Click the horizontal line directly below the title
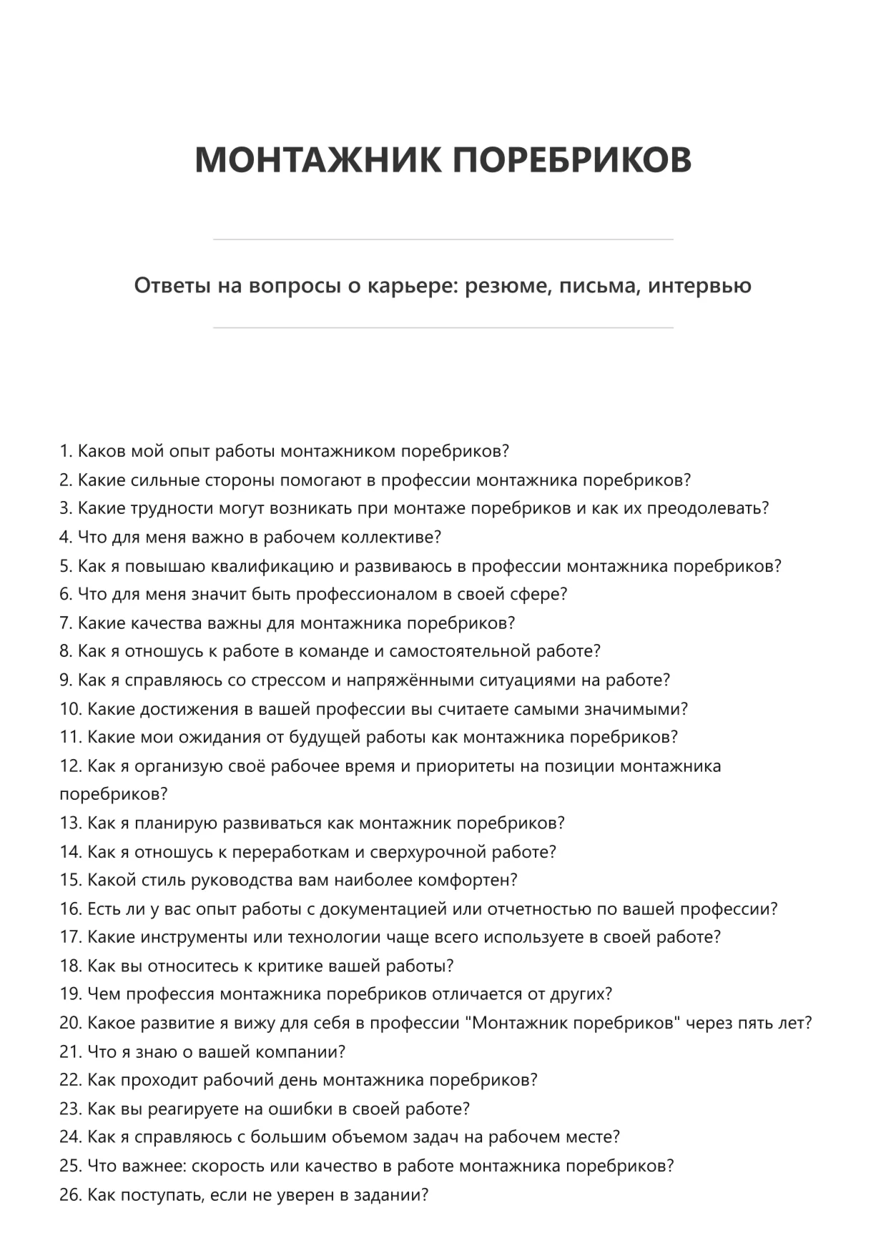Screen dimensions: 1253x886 (x=443, y=239)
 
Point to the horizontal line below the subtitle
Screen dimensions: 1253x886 (x=443, y=328)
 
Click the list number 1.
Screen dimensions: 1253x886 (x=65, y=451)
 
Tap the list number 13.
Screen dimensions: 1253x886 (x=70, y=823)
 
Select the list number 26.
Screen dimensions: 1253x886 (x=70, y=1194)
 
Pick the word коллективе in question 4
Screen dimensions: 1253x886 (x=388, y=537)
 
